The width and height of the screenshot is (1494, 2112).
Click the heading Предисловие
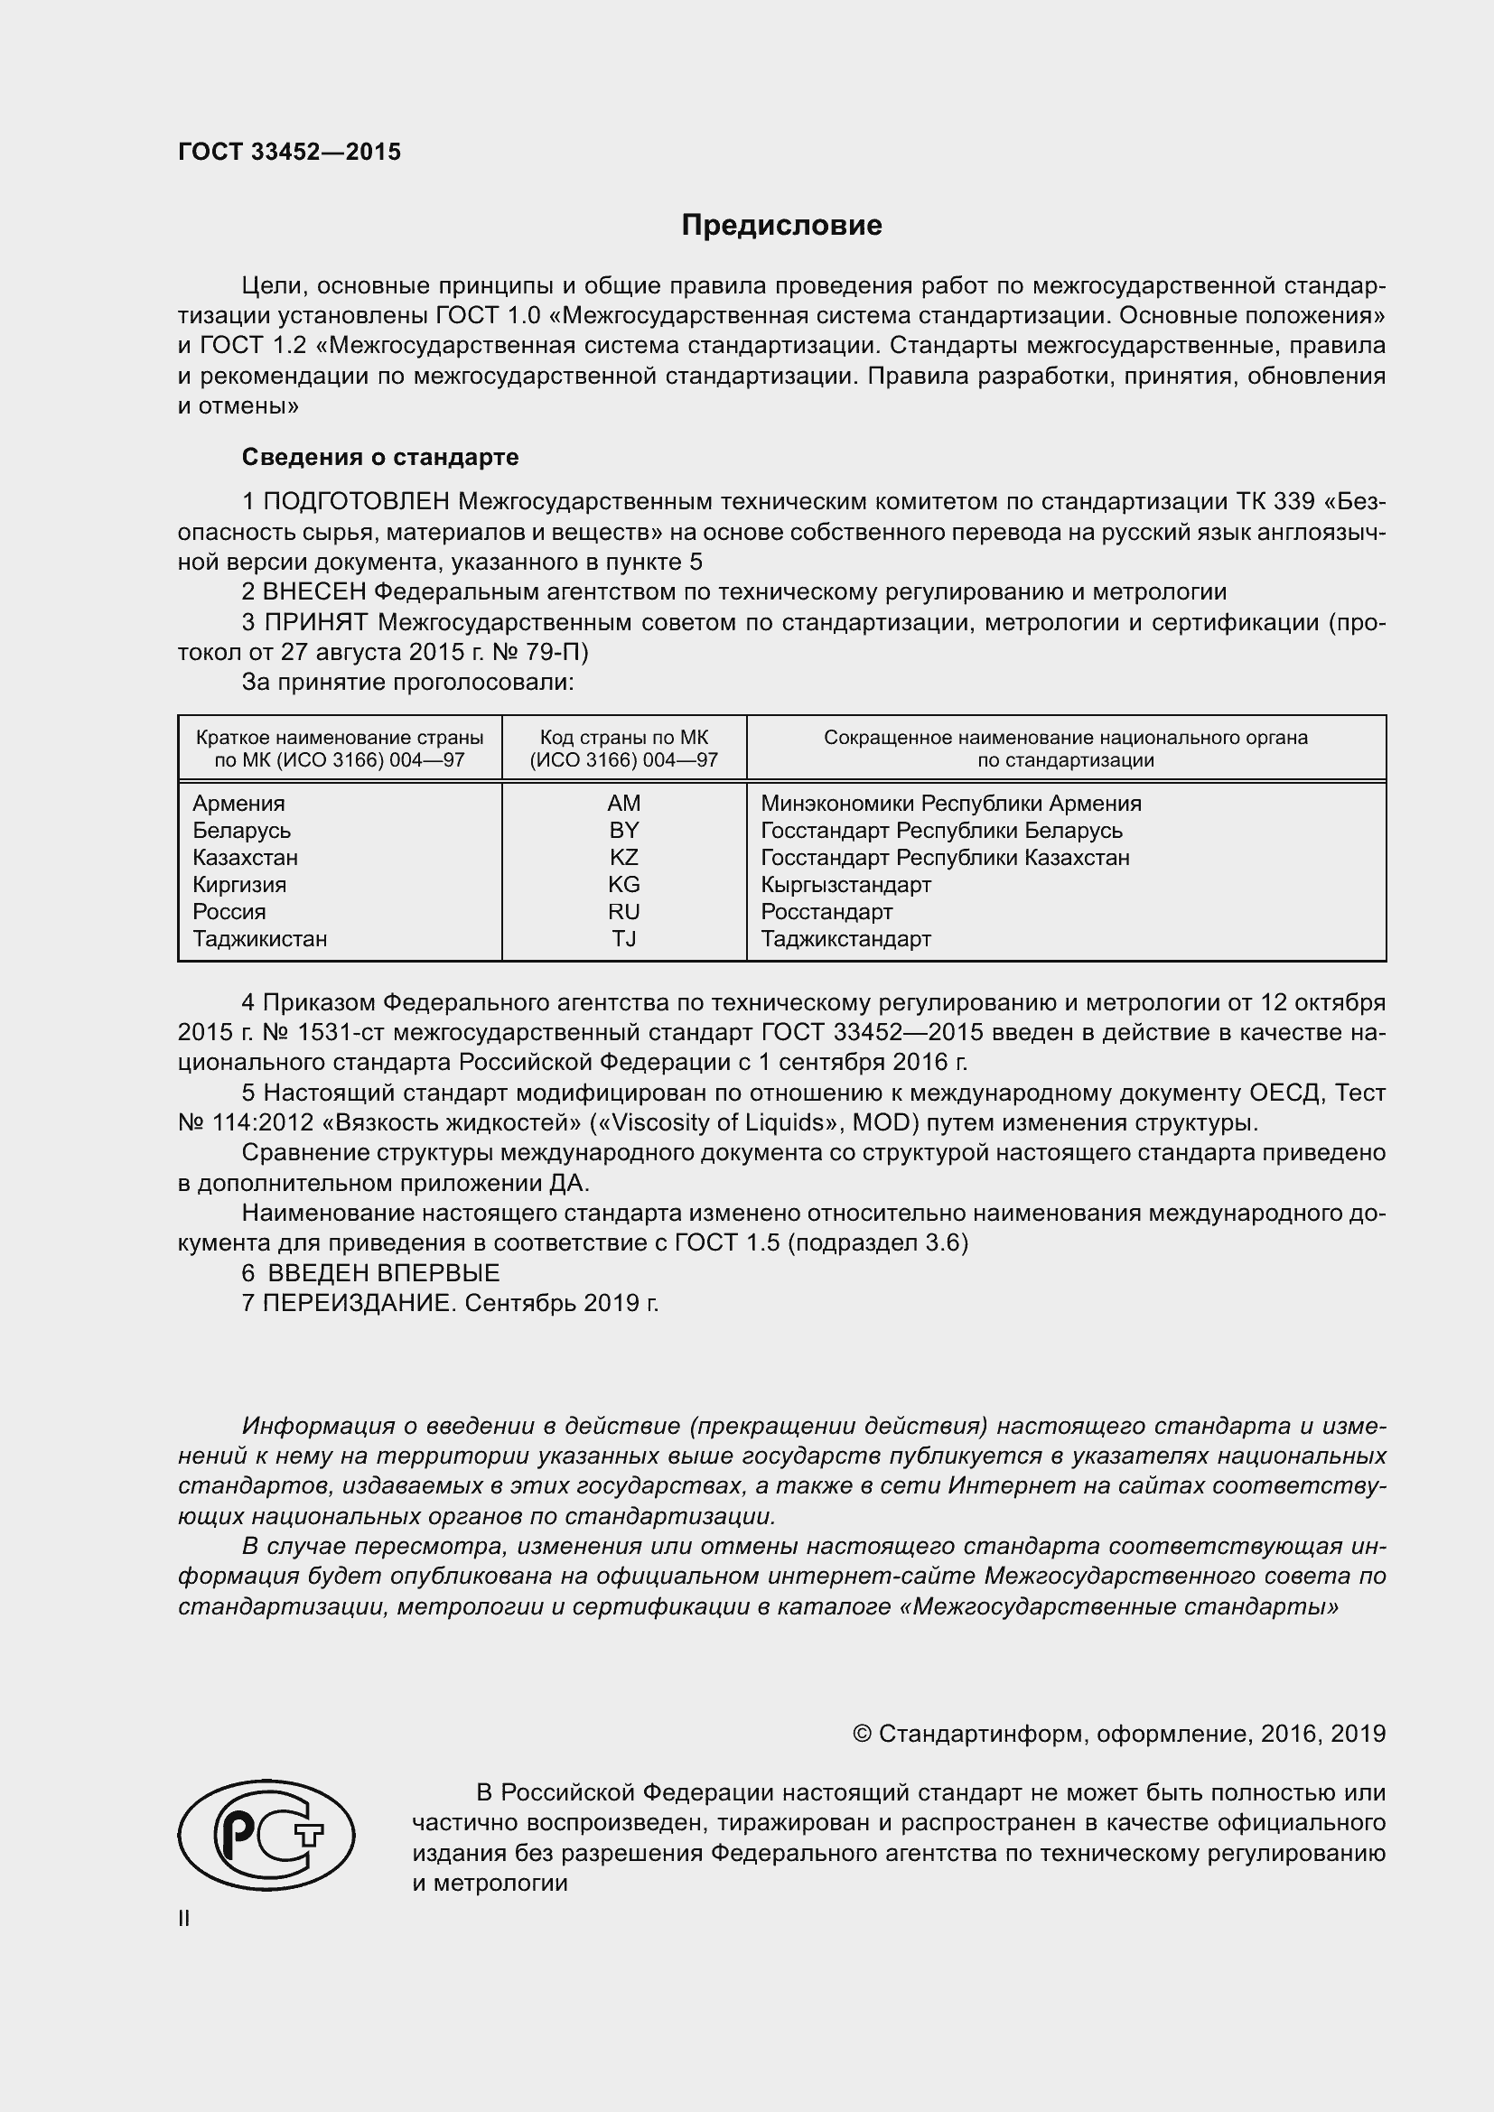coord(781,226)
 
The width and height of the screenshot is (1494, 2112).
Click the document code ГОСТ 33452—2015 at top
coord(290,153)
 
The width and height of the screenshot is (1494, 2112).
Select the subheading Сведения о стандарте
coord(380,457)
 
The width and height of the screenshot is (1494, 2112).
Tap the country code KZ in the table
coord(624,857)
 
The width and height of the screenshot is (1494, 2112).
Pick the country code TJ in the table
coord(624,939)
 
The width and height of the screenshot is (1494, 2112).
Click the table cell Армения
coord(238,803)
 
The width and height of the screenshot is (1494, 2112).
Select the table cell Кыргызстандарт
coord(845,885)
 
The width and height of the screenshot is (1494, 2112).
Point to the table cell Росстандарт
coord(826,912)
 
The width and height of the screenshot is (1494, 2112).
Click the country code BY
coord(624,831)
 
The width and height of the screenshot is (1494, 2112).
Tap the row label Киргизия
coord(239,885)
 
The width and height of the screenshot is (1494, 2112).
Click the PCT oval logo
coord(266,1835)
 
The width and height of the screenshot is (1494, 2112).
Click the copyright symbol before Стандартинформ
coord(862,1734)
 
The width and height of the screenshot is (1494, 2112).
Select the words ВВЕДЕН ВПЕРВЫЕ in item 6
coord(384,1273)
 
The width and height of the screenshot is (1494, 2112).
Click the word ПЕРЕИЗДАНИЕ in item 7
coord(359,1304)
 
